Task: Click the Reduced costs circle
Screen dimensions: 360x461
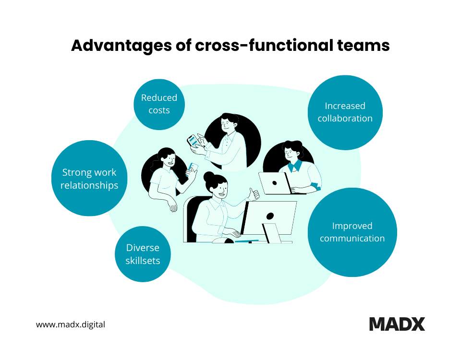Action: [159, 104]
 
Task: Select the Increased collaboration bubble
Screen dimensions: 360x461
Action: [345, 112]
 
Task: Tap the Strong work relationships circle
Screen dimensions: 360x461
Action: [89, 179]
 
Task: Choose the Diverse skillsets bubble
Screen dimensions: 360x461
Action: [143, 254]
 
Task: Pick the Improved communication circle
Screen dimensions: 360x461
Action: [352, 232]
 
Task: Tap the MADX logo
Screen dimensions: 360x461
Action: [397, 324]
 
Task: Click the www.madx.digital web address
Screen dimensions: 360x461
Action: [71, 324]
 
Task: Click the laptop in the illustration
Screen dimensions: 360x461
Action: [274, 183]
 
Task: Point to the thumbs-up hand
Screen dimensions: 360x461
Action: [253, 194]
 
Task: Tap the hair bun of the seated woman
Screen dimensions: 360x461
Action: [209, 178]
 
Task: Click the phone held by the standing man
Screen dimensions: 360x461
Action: [193, 140]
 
